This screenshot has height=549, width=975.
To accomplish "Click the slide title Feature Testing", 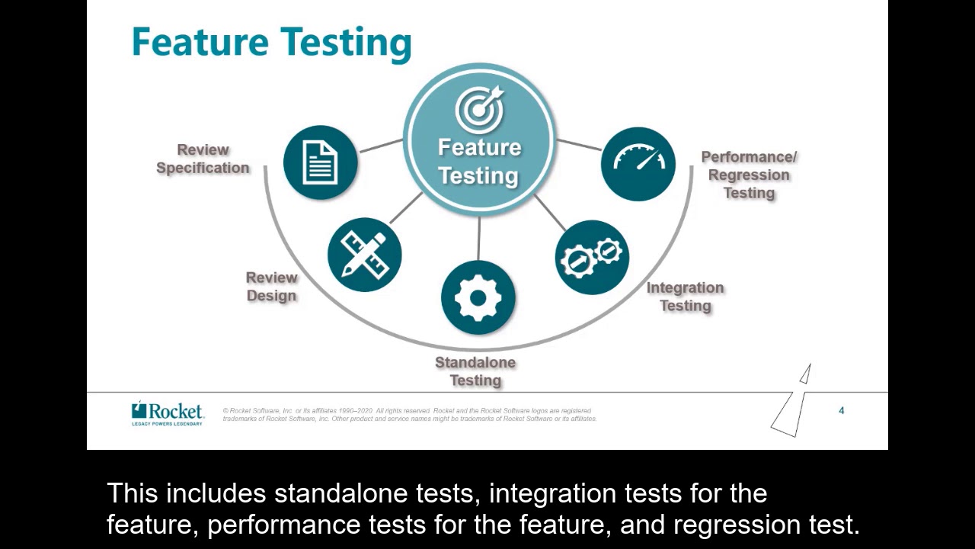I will click(271, 43).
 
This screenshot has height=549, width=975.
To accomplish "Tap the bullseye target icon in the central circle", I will click(479, 108).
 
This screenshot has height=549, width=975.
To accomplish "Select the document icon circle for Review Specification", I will click(320, 162).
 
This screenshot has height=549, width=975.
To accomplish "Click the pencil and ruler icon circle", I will click(364, 254).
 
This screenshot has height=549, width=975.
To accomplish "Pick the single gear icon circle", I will click(478, 297).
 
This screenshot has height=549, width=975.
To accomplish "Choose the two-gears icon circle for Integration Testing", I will click(592, 258).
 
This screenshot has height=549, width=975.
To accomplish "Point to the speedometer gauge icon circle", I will click(638, 163).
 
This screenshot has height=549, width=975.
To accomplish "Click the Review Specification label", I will click(203, 159).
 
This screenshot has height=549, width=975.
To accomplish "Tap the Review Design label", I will click(271, 287).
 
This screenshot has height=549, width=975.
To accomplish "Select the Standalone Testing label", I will click(475, 371).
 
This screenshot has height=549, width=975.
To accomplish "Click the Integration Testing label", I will click(685, 297).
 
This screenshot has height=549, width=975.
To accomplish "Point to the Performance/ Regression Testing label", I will click(749, 175).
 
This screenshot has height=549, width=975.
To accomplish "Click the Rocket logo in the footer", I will click(168, 413).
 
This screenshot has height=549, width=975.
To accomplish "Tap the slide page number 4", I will click(842, 411).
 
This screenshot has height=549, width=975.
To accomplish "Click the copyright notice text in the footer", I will click(409, 415).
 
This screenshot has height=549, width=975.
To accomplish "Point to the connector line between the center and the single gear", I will click(478, 239).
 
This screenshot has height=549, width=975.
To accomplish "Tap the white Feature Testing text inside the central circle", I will click(479, 162).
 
